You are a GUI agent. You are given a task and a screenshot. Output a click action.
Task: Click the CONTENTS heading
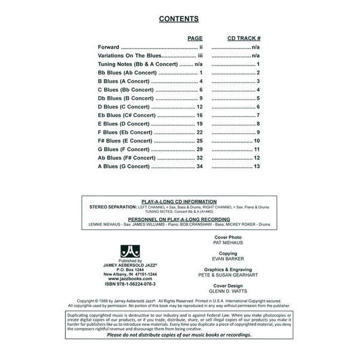click(x=179, y=19)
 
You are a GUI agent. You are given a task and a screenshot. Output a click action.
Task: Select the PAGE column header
click(x=195, y=38)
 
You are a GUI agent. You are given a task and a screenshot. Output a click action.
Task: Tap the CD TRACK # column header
click(x=244, y=38)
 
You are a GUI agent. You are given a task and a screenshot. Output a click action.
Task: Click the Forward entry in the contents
click(x=109, y=47)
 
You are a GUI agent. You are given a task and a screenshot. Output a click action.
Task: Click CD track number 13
click(x=256, y=166)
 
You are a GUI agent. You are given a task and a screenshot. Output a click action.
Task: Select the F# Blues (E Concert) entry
click(x=124, y=140)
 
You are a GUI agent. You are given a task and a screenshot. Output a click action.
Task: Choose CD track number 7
click(x=257, y=115)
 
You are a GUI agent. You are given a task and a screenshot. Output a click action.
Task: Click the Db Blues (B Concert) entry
click(x=125, y=98)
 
